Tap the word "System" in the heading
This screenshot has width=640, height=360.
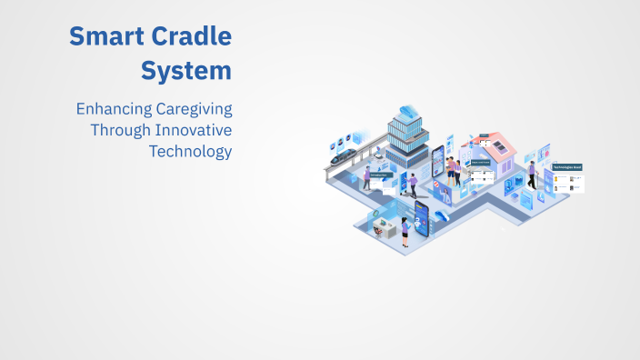[185, 70]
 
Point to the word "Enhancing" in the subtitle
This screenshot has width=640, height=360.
[109, 109]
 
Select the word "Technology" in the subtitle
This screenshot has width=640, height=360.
[190, 151]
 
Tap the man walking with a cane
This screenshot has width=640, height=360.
[532, 175]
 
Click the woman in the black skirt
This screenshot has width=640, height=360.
[405, 230]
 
